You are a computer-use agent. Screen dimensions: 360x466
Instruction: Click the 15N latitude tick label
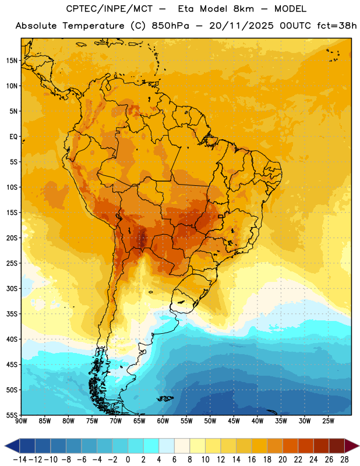point(12,61)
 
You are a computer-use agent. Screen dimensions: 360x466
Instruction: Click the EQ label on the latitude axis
point(13,137)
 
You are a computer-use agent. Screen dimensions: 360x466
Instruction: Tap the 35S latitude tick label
point(12,314)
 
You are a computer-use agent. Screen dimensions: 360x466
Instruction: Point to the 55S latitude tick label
point(12,415)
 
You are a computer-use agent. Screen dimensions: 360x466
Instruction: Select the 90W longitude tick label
point(21,421)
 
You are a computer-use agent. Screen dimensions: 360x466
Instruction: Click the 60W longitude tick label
point(163,421)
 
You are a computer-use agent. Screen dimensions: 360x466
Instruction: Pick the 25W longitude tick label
point(328,421)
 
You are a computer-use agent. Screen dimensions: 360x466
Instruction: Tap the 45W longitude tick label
point(234,421)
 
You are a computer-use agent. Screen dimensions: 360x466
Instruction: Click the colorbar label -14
point(20,460)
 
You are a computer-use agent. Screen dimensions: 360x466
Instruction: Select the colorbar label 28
point(344,460)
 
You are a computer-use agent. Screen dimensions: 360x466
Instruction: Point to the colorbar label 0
point(128,460)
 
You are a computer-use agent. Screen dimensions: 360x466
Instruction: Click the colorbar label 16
point(252,460)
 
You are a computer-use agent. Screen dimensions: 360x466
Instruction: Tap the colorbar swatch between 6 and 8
point(182,446)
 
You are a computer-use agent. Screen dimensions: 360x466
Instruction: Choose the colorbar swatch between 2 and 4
point(151,446)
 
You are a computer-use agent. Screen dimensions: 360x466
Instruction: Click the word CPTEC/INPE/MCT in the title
point(110,9)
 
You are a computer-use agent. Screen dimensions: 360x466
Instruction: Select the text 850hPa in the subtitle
point(170,26)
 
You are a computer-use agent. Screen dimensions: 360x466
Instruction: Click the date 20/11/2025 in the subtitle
point(241,26)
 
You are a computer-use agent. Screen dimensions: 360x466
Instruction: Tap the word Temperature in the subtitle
point(93,26)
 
